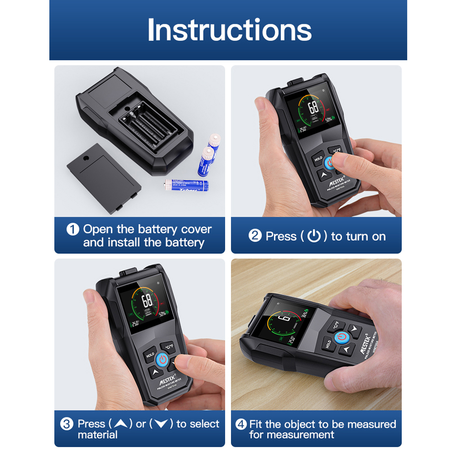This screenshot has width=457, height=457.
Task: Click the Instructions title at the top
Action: click(229, 30)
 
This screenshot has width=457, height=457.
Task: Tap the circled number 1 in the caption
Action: click(73, 229)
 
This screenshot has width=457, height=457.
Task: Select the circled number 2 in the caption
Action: click(255, 236)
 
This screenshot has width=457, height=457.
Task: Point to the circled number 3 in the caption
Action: click(67, 424)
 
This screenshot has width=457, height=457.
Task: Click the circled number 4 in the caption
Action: click(241, 424)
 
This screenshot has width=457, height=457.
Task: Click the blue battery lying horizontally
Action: click(187, 185)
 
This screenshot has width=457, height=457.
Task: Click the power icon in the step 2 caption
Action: click(314, 236)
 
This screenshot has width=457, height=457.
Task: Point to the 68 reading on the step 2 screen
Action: click(313, 108)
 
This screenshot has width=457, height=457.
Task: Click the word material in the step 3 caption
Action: click(98, 435)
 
